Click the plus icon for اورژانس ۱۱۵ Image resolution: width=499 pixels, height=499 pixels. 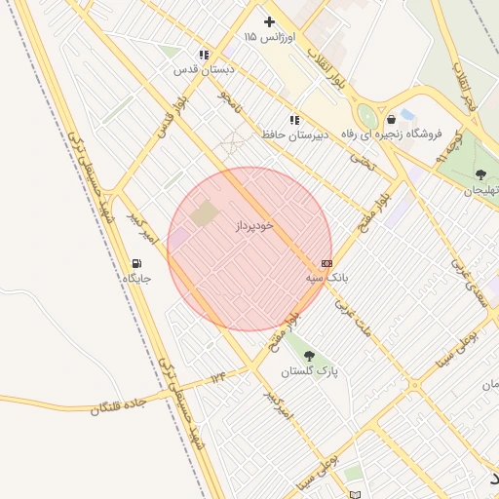point(270,21)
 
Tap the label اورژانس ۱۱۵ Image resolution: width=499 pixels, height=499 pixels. point(270,37)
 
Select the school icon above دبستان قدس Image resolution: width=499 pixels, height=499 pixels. point(203,56)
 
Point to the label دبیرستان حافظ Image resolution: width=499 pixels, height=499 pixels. point(291,134)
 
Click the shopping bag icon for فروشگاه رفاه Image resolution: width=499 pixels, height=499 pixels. point(391,119)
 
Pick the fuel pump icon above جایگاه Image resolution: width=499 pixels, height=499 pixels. point(136,263)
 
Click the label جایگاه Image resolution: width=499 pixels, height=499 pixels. point(136,279)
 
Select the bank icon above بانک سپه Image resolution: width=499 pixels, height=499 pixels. point(326,263)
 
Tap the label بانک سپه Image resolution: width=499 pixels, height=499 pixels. point(326,278)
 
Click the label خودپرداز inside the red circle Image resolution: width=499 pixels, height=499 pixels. point(255,225)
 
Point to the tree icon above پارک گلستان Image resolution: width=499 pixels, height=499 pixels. point(309,356)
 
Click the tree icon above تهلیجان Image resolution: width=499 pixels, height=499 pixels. point(480,174)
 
